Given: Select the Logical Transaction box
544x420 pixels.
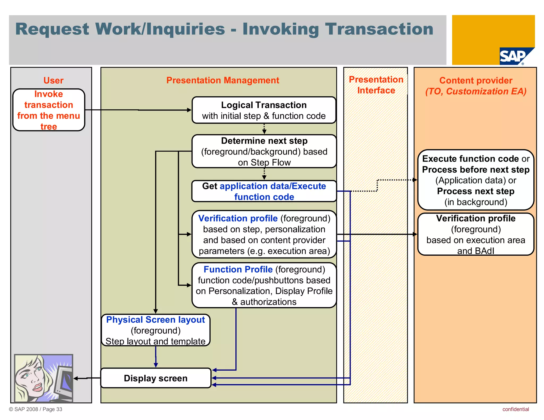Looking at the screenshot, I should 264,110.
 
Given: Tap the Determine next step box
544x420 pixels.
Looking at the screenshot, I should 264,151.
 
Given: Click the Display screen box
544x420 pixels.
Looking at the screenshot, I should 156,378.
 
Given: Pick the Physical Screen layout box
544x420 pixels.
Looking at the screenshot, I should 156,330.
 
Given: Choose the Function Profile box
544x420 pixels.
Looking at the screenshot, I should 264,285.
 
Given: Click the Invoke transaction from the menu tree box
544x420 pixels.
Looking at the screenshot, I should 49,110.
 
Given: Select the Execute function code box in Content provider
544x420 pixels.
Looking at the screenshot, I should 475,180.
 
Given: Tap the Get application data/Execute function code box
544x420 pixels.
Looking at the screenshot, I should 264,191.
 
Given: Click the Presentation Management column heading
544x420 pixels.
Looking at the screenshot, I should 223,80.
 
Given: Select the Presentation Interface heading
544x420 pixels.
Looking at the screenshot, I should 376,85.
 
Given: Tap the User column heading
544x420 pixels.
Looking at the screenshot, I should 53,80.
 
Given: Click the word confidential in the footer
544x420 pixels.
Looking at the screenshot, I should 515,409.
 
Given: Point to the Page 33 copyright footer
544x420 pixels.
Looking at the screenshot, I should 36,409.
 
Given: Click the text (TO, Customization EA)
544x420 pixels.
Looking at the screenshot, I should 475,91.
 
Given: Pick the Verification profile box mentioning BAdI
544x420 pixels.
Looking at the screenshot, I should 475,234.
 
